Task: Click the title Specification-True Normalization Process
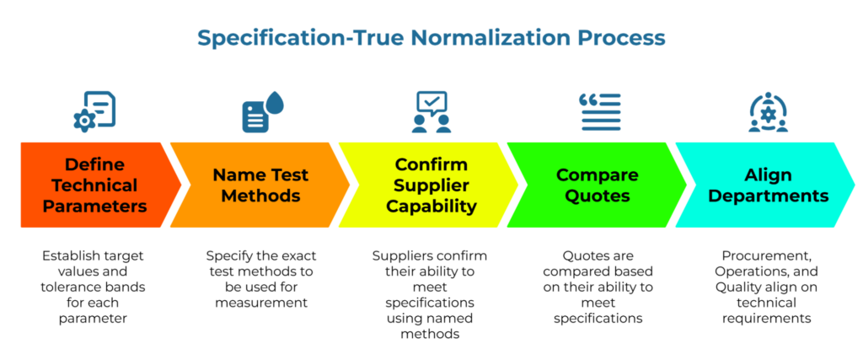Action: tap(431, 38)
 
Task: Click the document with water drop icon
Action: tap(262, 111)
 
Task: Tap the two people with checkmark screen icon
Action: tap(431, 111)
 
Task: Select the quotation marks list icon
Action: tap(599, 111)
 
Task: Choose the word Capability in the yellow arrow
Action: tap(431, 206)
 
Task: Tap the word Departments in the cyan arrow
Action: tap(768, 196)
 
